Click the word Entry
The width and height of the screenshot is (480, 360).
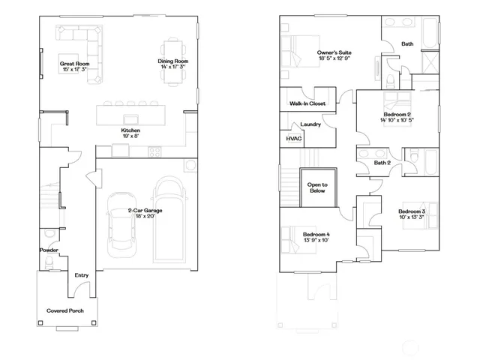pyautogui.click(x=81, y=275)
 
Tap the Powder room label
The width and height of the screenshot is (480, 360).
pyautogui.click(x=49, y=250)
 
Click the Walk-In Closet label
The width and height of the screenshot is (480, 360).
pyautogui.click(x=307, y=104)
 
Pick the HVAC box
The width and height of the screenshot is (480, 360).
pyautogui.click(x=290, y=139)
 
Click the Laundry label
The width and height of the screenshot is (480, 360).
pyautogui.click(x=310, y=124)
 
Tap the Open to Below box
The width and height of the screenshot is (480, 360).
pyautogui.click(x=314, y=187)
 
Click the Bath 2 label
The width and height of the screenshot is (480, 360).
pyautogui.click(x=382, y=163)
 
